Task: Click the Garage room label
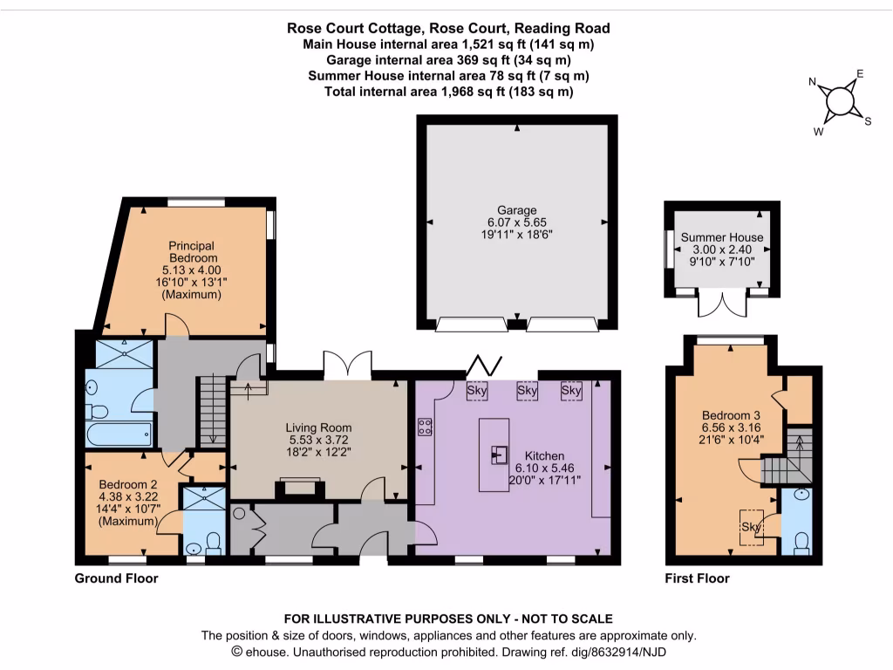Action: (x=516, y=210)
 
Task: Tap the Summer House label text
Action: (x=721, y=237)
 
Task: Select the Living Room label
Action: (x=318, y=427)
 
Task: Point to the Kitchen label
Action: (x=544, y=455)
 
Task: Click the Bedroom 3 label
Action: (x=731, y=415)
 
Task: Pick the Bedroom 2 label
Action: (x=127, y=484)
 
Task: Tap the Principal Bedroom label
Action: (x=192, y=252)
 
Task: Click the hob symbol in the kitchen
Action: (x=425, y=427)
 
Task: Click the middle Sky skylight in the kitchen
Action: (x=527, y=391)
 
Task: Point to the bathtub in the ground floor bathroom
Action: (x=119, y=434)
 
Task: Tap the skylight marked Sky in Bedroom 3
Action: (x=751, y=527)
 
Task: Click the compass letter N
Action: (x=813, y=82)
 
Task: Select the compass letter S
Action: (x=868, y=121)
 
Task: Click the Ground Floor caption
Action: (x=116, y=578)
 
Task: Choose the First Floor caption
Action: (x=697, y=578)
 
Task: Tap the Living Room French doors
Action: (x=347, y=366)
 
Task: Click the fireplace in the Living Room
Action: (x=300, y=489)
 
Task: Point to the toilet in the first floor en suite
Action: (x=802, y=544)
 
